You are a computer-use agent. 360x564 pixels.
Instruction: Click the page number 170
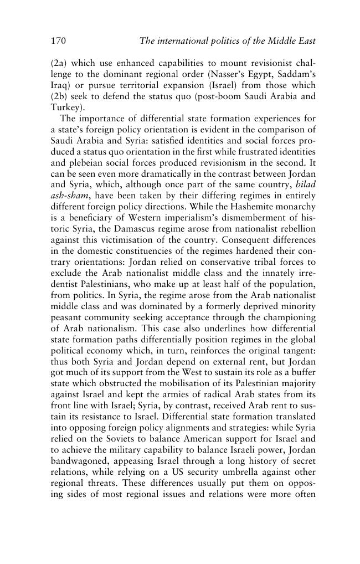point(59,40)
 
